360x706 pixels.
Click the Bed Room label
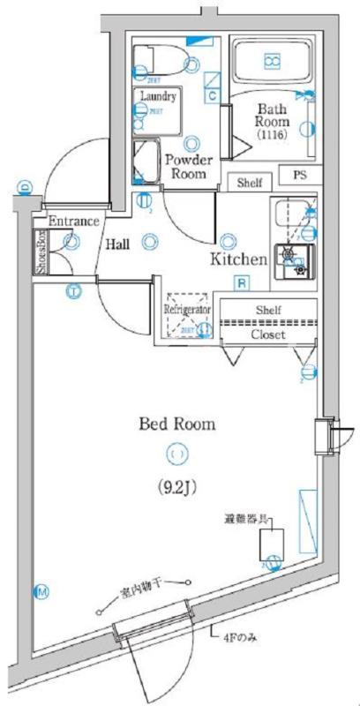tap(176, 424)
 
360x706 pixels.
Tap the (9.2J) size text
tap(177, 486)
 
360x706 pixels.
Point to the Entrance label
tap(72, 221)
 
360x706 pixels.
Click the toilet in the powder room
tap(159, 60)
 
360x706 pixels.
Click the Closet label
tap(268, 335)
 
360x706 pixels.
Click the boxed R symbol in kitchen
tap(240, 282)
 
